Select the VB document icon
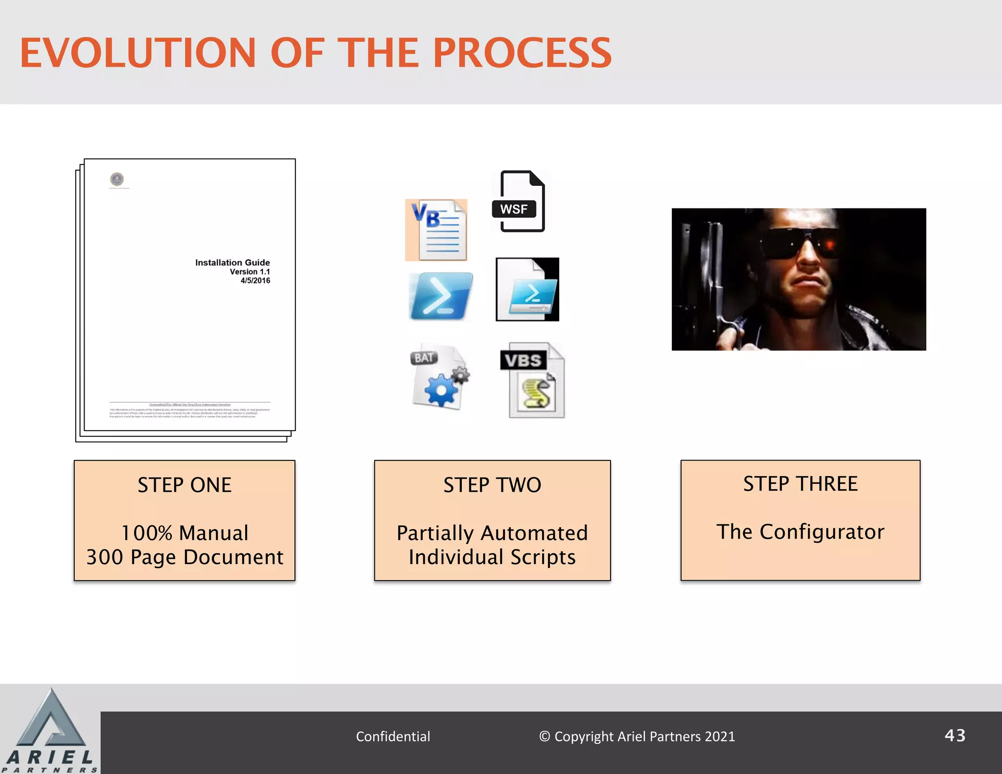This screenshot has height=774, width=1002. point(436,229)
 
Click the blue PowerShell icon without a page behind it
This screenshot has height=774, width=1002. point(440,296)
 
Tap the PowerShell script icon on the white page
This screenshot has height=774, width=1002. point(527,290)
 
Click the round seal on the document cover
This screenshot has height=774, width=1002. point(117,179)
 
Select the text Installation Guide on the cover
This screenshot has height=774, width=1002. point(232,263)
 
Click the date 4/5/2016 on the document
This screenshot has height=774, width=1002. point(255,281)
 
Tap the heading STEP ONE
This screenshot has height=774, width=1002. point(184,485)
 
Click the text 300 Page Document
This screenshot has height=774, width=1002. point(184,557)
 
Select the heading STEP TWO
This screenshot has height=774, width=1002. point(492,485)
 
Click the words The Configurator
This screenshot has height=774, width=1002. point(800,532)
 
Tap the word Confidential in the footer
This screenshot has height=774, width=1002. point(393,736)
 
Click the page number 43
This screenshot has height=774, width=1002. point(955,735)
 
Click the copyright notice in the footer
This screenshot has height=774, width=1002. point(637,736)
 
